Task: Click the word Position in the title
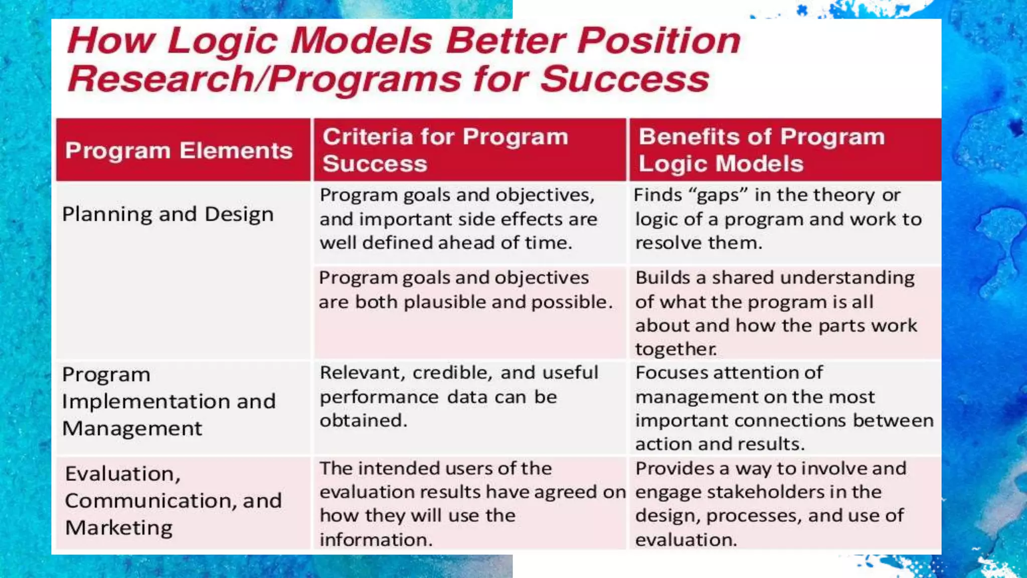click(658, 40)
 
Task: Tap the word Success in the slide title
click(625, 79)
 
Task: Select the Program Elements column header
click(179, 151)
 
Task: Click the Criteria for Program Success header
click(445, 150)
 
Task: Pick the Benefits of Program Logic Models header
click(761, 150)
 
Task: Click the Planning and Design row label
click(167, 214)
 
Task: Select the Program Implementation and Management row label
click(168, 401)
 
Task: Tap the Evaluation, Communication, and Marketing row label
click(173, 501)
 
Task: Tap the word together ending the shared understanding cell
click(675, 349)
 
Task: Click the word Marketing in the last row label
click(119, 528)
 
